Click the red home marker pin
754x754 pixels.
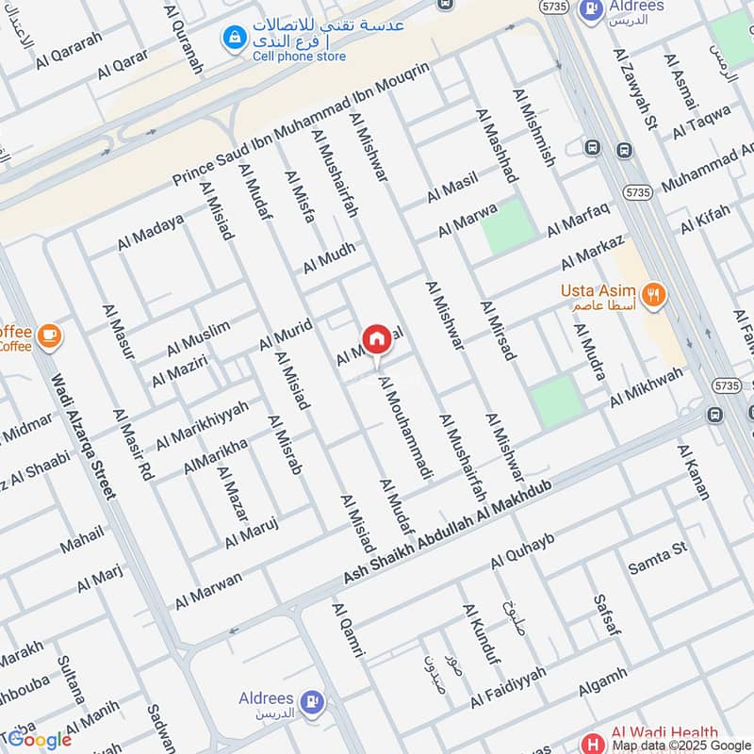point(375,339)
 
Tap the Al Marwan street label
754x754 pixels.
point(208,589)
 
